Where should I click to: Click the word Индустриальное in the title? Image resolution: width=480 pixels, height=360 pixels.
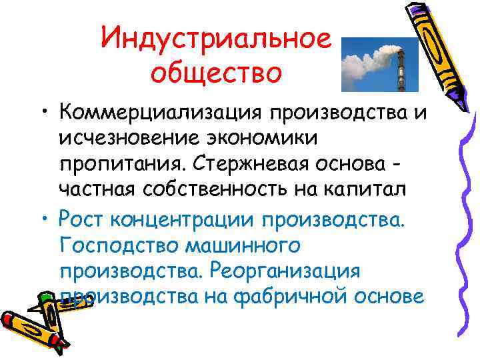click(215, 39)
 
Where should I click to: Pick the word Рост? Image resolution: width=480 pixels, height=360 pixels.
click(81, 217)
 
